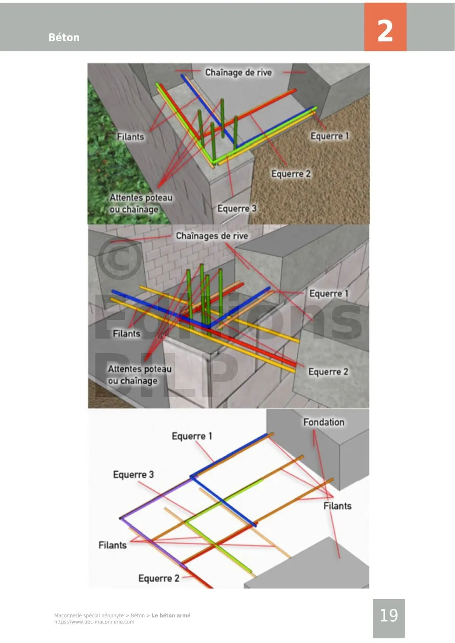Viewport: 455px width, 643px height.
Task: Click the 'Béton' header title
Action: [x=64, y=37]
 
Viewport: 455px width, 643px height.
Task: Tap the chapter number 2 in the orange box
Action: [x=385, y=30]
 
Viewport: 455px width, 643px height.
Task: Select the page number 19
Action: [x=388, y=615]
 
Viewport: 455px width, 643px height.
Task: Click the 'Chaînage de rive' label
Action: [x=238, y=72]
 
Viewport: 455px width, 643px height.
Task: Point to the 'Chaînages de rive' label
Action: [x=212, y=236]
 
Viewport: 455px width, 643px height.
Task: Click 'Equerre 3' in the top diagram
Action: [x=236, y=208]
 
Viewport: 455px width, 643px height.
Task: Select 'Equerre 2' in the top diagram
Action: [x=291, y=174]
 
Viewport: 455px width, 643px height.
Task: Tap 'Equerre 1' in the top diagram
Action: [x=329, y=136]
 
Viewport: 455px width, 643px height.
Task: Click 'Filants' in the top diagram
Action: [x=130, y=137]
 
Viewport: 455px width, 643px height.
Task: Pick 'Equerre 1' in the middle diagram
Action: [x=328, y=293]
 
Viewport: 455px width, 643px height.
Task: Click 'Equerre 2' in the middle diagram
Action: [x=328, y=371]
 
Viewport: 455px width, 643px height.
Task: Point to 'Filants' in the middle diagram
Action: [x=126, y=333]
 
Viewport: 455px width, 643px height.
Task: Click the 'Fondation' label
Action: [x=323, y=422]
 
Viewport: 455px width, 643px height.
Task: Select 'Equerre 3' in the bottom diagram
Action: [x=133, y=474]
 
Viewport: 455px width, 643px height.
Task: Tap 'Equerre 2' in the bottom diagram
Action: [x=159, y=578]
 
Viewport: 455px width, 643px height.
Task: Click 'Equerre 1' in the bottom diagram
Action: [x=192, y=436]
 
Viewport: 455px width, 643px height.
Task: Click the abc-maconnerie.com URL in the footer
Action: [x=94, y=622]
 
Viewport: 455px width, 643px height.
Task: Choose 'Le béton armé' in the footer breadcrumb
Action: [x=171, y=615]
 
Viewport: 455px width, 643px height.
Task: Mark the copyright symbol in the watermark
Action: [x=119, y=259]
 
